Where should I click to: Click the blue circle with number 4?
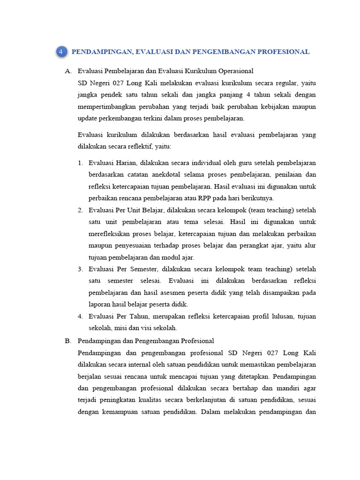pos(61,52)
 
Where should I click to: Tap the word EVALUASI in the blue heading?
pos(154,52)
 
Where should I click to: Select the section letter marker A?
pos(68,71)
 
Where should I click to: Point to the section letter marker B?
pos(68,341)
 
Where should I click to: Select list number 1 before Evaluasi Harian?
pos(80,163)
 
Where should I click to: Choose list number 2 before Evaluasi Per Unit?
pos(80,210)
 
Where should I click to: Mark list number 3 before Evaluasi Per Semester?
pos(80,269)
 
